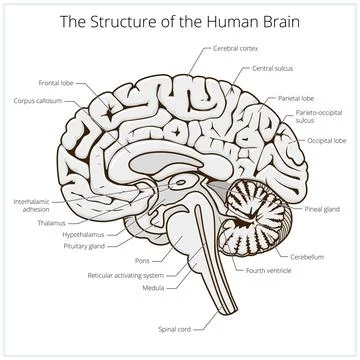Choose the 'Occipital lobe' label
pos(325,143)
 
